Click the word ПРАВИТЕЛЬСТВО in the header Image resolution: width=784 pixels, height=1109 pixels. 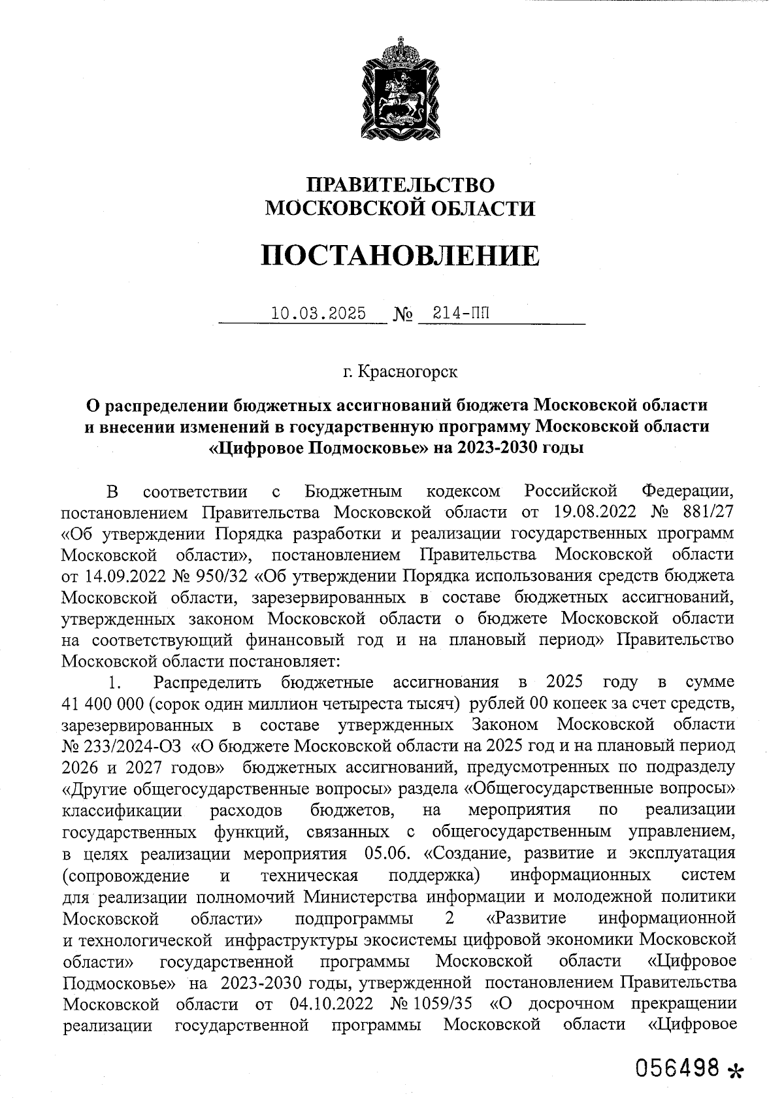[400, 186]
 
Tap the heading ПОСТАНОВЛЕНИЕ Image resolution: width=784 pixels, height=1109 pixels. [400, 256]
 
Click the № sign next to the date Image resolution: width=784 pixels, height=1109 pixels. [404, 315]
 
